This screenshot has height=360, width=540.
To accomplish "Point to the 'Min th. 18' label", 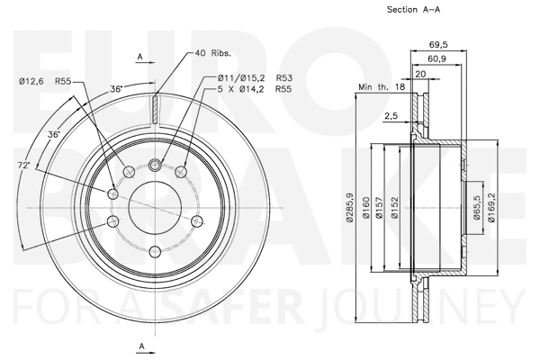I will click(382, 86).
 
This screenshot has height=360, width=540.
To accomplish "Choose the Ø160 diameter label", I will click(365, 206).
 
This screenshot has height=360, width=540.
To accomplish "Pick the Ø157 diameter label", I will click(381, 206).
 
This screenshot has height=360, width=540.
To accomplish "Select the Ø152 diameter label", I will click(395, 206).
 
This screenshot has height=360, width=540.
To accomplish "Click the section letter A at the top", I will click(140, 58).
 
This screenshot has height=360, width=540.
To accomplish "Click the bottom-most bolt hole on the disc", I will click(155, 251).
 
